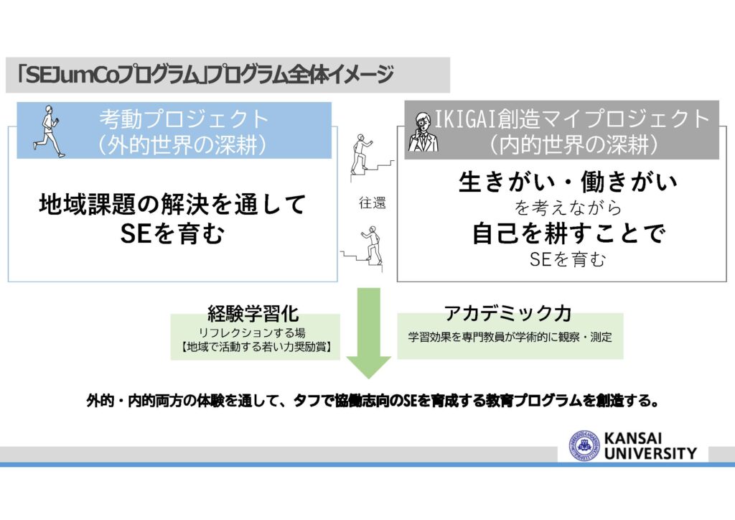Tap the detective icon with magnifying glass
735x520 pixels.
[x=423, y=132]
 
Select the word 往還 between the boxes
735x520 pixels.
[x=373, y=203]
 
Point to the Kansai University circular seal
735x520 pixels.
[x=584, y=446]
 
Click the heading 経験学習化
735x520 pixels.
[x=253, y=314]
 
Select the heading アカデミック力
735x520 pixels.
[x=507, y=312]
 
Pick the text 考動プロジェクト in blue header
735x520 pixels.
[x=184, y=119]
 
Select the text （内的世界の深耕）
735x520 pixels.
[x=574, y=145]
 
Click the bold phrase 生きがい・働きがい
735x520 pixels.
[x=568, y=182]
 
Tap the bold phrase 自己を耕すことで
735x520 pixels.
[x=568, y=233]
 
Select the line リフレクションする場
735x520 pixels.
[x=252, y=333]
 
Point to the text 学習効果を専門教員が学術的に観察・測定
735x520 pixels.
[x=510, y=337]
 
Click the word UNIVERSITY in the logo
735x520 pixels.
[x=650, y=453]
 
